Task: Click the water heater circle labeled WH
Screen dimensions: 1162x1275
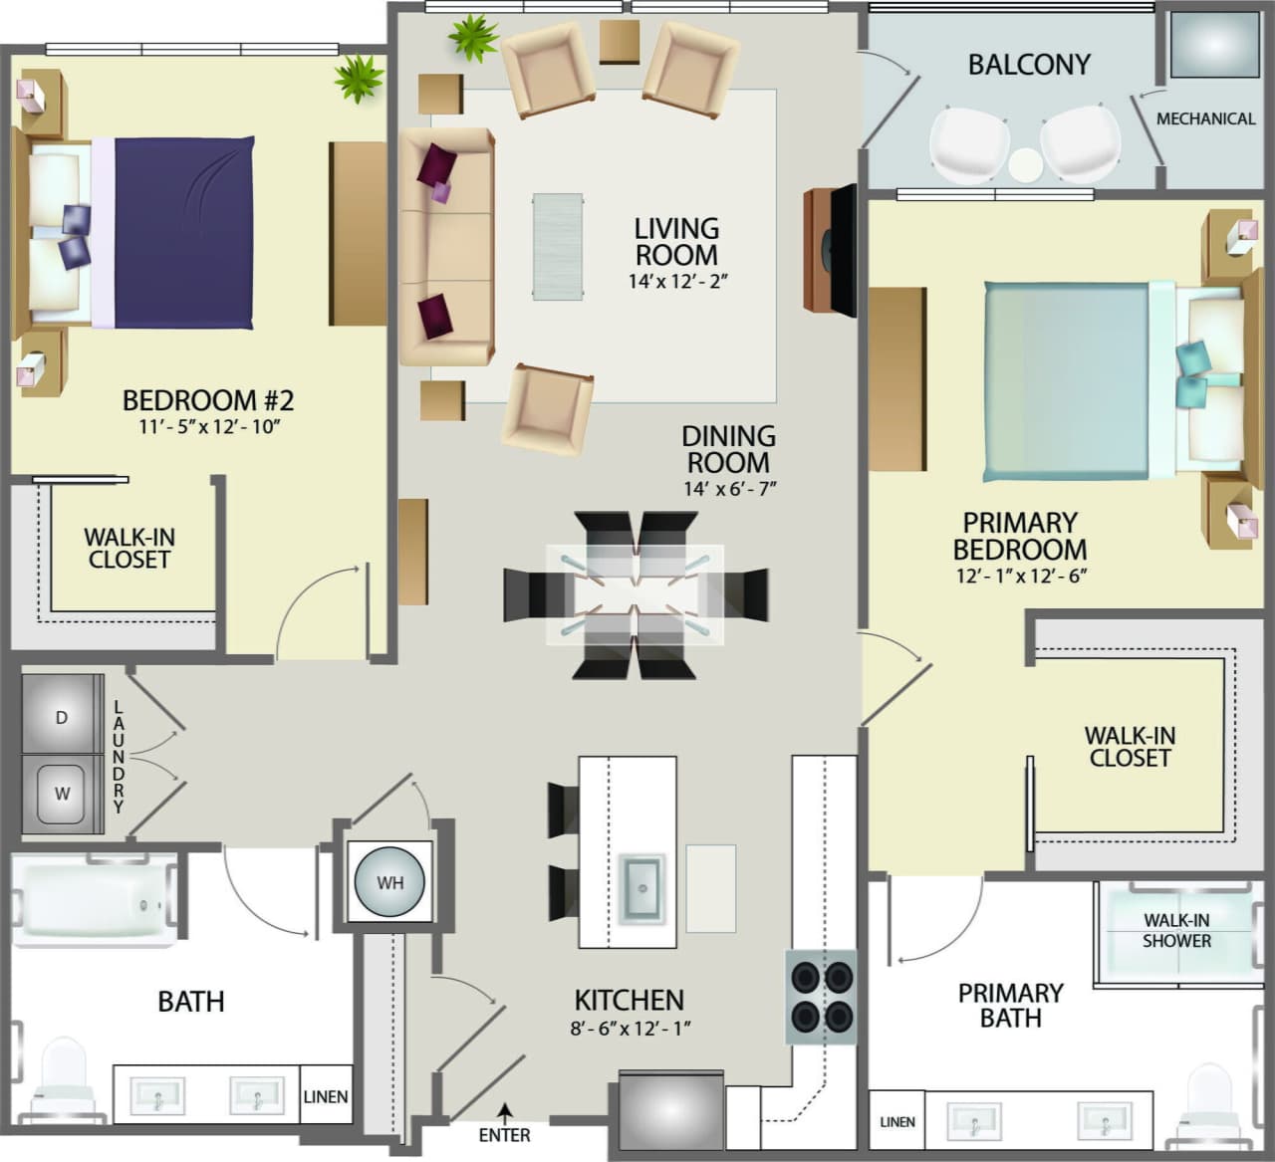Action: coord(389,882)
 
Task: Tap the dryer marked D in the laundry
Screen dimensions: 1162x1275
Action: coord(62,716)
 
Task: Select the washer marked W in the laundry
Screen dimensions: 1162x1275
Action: coord(62,794)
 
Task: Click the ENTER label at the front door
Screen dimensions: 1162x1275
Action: coord(504,1134)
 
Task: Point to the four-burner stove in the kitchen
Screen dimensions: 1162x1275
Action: coord(822,996)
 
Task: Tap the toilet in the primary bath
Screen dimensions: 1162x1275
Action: coord(1209,1095)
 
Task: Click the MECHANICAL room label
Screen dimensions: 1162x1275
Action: coord(1205,118)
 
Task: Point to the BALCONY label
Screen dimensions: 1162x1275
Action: coord(1029,65)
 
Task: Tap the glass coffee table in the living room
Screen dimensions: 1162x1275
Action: coord(558,246)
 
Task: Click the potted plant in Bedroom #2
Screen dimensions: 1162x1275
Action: coord(358,78)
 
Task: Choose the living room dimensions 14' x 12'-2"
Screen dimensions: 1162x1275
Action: coord(677,282)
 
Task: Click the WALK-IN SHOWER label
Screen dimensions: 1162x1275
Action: coord(1176,930)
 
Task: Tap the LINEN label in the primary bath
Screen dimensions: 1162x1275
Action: coord(896,1121)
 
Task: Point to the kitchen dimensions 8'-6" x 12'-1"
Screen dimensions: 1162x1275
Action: coord(630,1029)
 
